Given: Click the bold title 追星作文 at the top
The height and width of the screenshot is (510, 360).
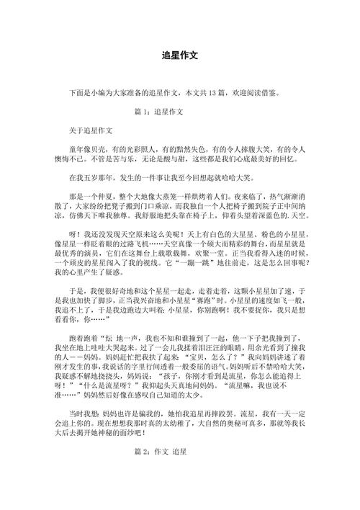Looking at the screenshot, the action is point(180,55).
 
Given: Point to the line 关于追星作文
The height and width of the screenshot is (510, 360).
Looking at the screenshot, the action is point(91,132).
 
